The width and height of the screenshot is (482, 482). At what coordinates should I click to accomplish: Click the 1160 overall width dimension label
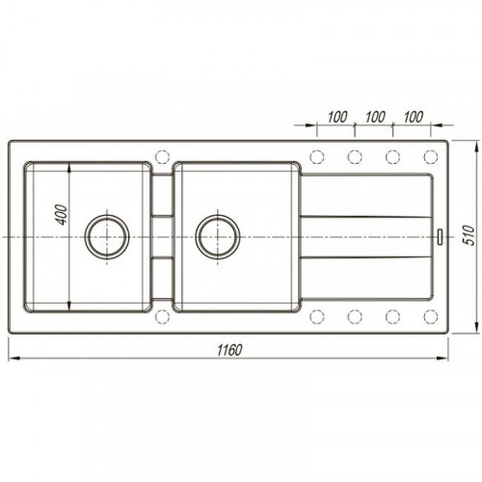(229, 350)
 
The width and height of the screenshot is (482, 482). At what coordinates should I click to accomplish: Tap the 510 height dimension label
(469, 235)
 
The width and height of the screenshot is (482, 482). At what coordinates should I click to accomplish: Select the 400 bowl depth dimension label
(62, 215)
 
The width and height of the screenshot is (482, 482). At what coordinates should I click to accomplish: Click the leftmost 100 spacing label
(337, 117)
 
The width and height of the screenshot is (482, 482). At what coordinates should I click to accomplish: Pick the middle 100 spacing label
(375, 117)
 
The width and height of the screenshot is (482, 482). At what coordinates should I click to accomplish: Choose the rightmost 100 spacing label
(414, 117)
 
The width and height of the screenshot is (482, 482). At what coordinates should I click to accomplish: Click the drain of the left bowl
(107, 237)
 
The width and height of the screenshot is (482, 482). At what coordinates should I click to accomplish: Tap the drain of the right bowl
(218, 237)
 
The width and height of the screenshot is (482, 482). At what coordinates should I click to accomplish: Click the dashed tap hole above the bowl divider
(162, 157)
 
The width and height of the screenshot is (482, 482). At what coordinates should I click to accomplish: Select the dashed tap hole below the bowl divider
(162, 316)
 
